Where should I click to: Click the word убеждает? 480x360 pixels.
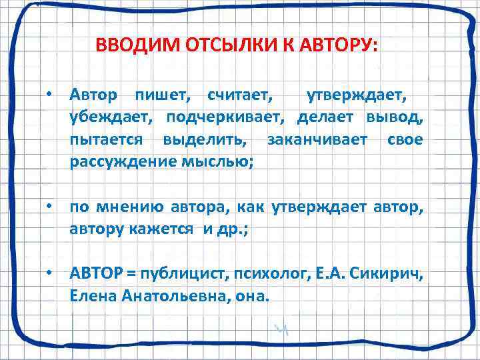click(107, 119)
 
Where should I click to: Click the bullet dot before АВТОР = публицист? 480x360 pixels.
click(50, 275)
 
